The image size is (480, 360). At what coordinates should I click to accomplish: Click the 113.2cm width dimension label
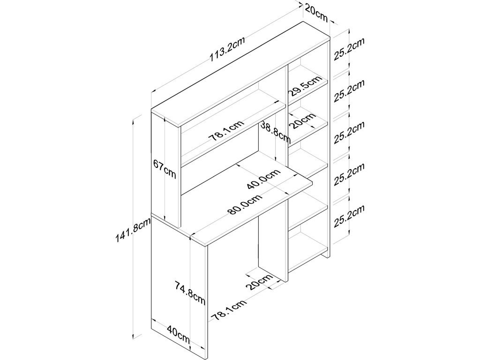(x=227, y=51)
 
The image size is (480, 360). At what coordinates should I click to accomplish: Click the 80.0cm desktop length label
(x=245, y=205)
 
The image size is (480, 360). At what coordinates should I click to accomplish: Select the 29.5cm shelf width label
(x=305, y=86)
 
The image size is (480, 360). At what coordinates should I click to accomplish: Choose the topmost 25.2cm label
(x=349, y=50)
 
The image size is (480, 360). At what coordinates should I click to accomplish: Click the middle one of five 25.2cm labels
(x=349, y=134)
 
